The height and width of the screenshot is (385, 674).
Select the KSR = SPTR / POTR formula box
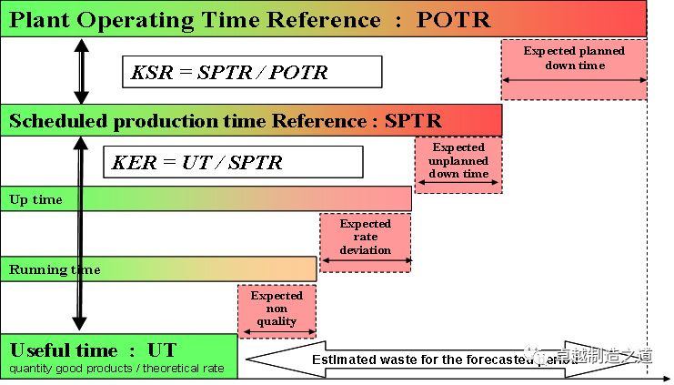tap(251, 72)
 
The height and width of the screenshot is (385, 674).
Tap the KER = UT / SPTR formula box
tap(233, 162)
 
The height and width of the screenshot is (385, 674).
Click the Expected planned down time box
tap(574, 58)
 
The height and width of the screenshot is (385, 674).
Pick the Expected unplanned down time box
tap(458, 160)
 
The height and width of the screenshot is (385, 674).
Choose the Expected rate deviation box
tap(366, 237)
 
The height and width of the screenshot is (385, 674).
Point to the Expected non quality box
tap(277, 308)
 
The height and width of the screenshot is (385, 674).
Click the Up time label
tap(36, 199)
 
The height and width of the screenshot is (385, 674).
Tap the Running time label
tap(55, 269)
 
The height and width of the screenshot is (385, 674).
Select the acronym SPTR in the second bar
tap(413, 120)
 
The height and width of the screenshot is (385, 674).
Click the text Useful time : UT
tap(94, 350)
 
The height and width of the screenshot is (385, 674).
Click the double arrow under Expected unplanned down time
tap(458, 186)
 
